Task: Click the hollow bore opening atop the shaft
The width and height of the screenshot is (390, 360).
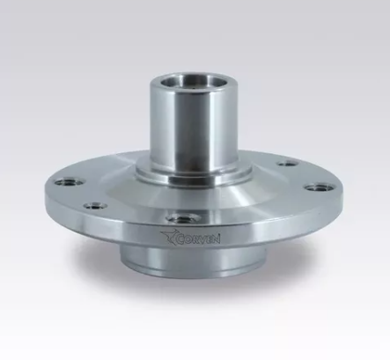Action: (185, 80)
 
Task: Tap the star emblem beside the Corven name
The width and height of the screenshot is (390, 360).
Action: (168, 237)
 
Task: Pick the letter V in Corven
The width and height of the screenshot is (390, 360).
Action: (202, 239)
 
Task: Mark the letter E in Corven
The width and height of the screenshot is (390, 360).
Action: (209, 239)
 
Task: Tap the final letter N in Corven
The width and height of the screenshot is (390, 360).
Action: (216, 239)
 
